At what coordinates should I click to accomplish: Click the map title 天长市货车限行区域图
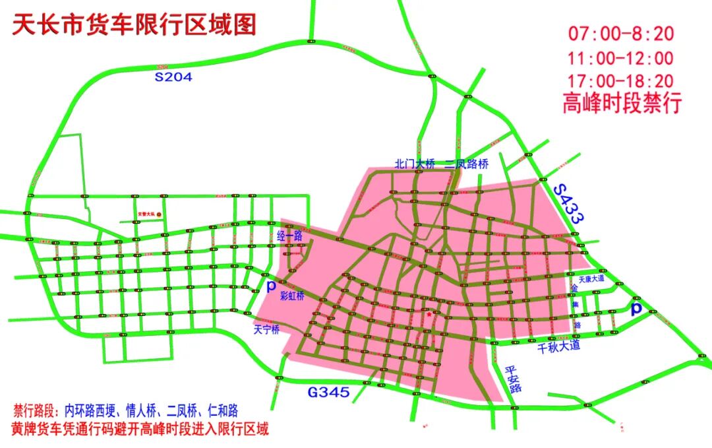tap(134, 25)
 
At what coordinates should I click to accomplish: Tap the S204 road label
tap(173, 77)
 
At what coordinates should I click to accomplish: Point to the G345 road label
tap(329, 393)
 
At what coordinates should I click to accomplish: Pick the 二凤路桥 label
tap(467, 164)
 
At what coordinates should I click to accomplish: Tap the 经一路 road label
tap(289, 234)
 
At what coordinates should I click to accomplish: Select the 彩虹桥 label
tap(292, 296)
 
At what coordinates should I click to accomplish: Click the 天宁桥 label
tap(267, 328)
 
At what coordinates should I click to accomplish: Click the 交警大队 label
tap(146, 214)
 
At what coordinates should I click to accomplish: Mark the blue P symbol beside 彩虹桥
tap(270, 286)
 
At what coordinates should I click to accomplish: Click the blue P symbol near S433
tap(636, 309)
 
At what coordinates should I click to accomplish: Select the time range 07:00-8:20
tap(621, 33)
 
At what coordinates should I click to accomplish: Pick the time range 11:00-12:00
tap(621, 58)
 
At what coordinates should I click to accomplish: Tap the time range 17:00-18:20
tap(621, 80)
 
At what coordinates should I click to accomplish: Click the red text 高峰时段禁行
tap(621, 104)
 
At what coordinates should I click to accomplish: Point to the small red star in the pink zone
tap(429, 315)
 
